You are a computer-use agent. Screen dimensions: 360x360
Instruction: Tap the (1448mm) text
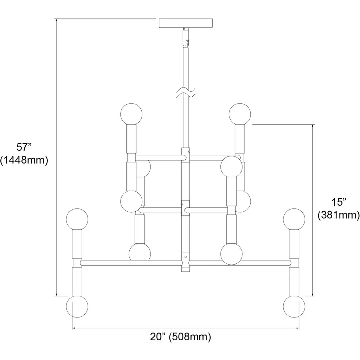click(24, 160)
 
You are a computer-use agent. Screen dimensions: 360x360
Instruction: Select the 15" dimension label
click(339, 202)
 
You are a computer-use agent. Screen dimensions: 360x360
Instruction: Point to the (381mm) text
click(339, 215)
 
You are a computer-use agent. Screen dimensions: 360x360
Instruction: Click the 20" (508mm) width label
click(180, 337)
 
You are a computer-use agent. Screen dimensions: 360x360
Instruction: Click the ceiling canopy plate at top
click(186, 23)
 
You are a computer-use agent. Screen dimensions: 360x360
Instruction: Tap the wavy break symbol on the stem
click(186, 92)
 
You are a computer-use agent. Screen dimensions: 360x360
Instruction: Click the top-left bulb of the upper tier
click(131, 114)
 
